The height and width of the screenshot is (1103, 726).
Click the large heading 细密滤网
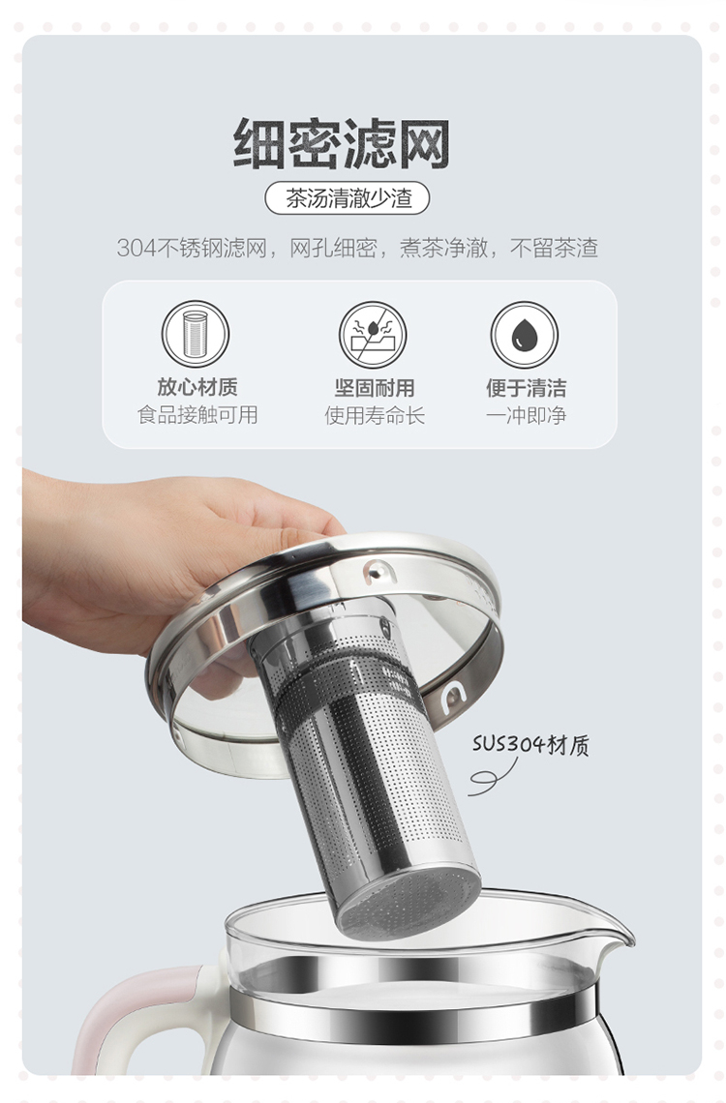coord(342,143)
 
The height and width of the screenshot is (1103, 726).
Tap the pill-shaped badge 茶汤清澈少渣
coord(347,198)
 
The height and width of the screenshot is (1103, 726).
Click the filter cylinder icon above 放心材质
coord(196,334)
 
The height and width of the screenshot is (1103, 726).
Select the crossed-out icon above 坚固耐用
coord(373,335)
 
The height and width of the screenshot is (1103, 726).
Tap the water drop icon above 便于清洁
coord(524,335)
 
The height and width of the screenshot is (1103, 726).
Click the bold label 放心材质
coord(197,387)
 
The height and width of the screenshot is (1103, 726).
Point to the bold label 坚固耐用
coord(375,388)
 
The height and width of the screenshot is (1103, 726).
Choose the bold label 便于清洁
coord(526,388)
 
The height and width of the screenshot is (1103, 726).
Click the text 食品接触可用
coord(197,415)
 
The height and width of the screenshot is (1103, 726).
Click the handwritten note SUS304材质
coord(530,744)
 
